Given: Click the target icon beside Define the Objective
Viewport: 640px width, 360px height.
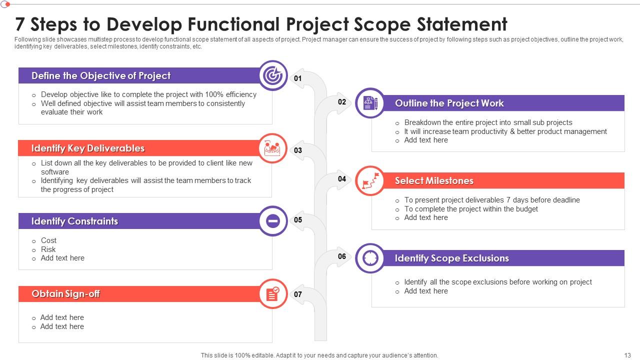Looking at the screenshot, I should (273, 75).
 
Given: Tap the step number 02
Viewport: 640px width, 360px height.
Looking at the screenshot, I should (342, 102).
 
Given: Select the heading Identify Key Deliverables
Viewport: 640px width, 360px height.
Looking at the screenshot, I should (88, 148).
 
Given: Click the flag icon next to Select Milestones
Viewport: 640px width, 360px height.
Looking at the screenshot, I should (370, 180).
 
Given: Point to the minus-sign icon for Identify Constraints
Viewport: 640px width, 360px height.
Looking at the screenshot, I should (273, 221).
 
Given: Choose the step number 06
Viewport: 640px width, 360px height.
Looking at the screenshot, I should (342, 256).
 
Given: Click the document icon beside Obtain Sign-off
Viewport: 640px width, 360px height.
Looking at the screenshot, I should (273, 293).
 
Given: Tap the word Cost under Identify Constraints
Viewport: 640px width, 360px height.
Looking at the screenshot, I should (48, 240).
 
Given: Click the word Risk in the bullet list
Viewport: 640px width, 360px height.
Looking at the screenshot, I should (48, 249).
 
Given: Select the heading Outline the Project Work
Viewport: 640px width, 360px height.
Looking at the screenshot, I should (449, 103).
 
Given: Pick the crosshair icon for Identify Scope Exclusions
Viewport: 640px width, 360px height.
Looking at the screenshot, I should (370, 258).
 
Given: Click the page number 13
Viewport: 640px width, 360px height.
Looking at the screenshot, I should (627, 355).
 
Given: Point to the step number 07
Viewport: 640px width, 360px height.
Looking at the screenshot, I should (298, 294).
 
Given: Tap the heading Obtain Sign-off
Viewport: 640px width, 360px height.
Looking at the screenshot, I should (65, 294).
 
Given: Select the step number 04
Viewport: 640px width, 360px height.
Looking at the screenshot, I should (342, 179).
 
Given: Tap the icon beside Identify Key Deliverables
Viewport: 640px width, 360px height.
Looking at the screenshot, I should (273, 148).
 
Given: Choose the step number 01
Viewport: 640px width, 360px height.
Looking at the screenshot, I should (298, 78).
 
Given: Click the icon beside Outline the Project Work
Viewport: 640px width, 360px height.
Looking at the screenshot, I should (370, 103).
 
